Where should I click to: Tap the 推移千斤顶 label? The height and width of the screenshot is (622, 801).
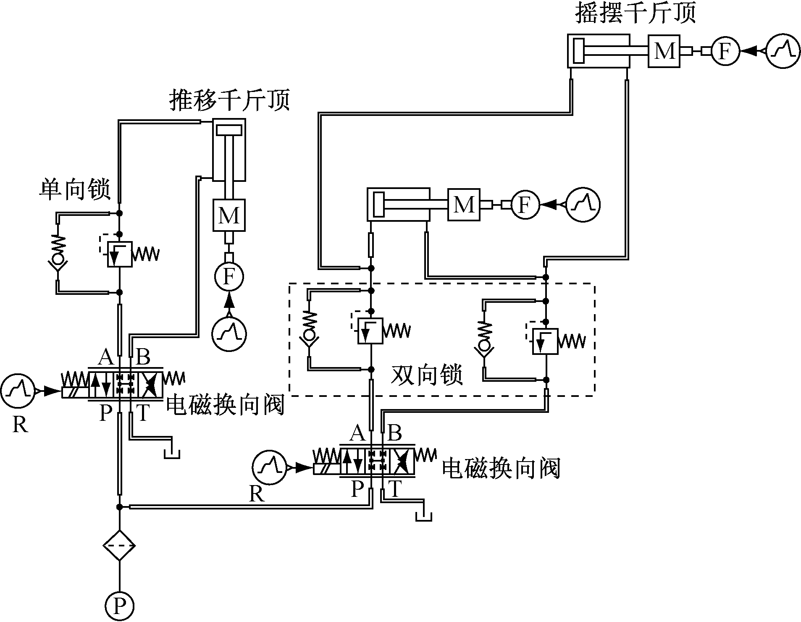[229, 100]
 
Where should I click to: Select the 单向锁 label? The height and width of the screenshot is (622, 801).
[75, 189]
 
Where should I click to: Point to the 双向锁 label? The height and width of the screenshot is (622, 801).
[427, 375]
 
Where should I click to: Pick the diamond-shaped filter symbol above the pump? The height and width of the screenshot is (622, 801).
[119, 546]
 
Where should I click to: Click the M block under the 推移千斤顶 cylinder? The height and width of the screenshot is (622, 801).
[229, 215]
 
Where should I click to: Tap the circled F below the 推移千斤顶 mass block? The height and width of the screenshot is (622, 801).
[229, 276]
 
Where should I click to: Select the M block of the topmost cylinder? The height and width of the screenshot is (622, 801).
[664, 51]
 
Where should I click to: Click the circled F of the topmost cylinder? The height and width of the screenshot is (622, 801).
[725, 51]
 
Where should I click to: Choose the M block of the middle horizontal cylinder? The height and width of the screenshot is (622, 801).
[464, 205]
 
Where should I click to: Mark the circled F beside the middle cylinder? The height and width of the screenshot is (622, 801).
[525, 205]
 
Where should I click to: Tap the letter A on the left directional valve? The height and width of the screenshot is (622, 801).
[105, 358]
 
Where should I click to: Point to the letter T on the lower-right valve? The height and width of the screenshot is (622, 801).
[394, 488]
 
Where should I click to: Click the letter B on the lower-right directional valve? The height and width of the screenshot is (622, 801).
[394, 433]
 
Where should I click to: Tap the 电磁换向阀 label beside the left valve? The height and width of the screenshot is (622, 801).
[225, 405]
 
